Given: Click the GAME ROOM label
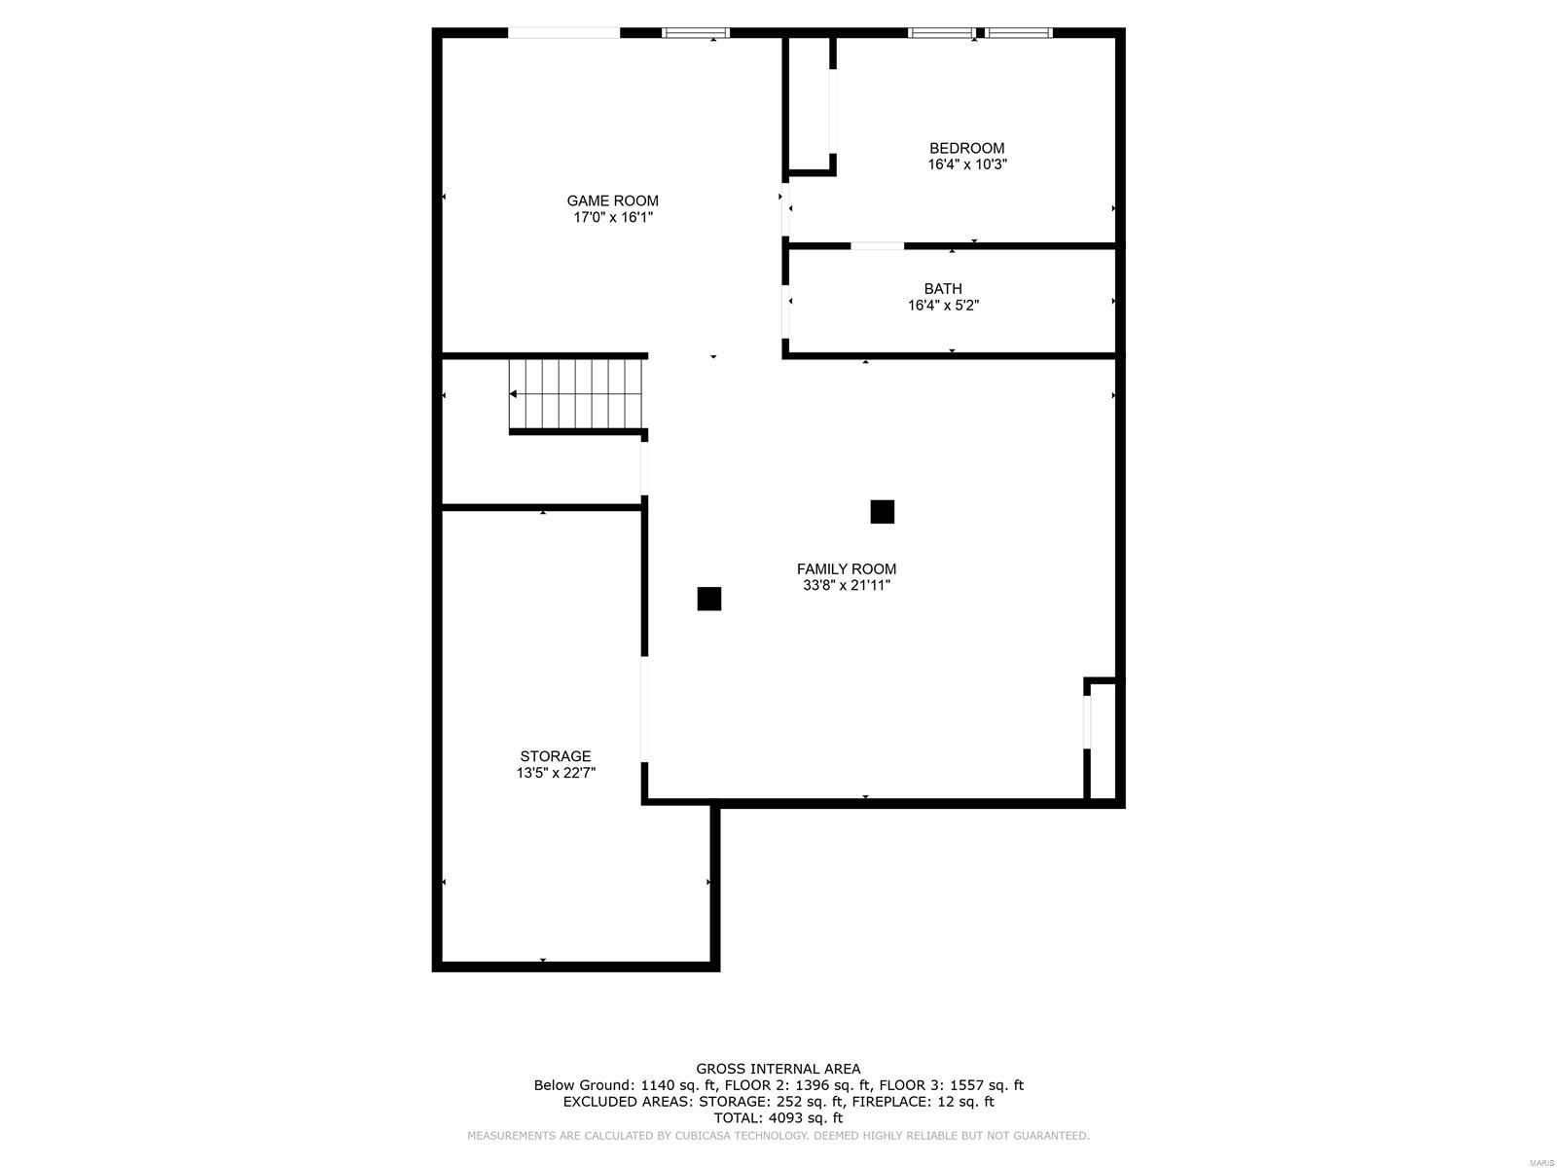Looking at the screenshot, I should pyautogui.click(x=612, y=201).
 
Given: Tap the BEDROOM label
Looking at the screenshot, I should pyautogui.click(x=966, y=148).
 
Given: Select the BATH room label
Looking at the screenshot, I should pyautogui.click(x=943, y=288).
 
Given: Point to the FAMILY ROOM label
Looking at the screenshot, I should pyautogui.click(x=846, y=569).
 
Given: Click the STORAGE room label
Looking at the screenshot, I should pyautogui.click(x=555, y=756).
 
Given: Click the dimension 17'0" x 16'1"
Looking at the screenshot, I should pyautogui.click(x=612, y=217).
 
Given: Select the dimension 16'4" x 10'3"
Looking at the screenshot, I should pyautogui.click(x=966, y=164).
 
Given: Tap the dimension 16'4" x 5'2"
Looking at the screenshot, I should pyautogui.click(x=943, y=305).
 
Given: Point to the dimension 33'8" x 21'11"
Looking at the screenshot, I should pyautogui.click(x=846, y=585).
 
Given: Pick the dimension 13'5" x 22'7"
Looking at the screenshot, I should pyautogui.click(x=555, y=773).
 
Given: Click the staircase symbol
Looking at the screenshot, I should pyautogui.click(x=577, y=394).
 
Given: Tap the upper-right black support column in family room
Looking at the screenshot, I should pyautogui.click(x=882, y=511).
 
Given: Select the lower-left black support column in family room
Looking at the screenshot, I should pyautogui.click(x=708, y=599).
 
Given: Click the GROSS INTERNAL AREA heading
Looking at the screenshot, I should pyautogui.click(x=778, y=1069).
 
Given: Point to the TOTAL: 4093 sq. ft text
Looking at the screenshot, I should pyautogui.click(x=778, y=1118).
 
